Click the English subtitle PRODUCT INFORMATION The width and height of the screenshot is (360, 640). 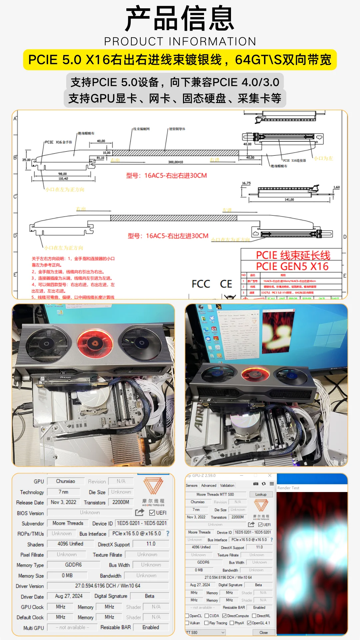click(x=180, y=41)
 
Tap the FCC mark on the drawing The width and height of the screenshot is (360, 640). click(x=201, y=284)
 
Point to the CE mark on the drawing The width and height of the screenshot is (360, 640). click(x=226, y=284)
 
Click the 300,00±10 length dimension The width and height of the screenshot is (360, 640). click(x=175, y=162)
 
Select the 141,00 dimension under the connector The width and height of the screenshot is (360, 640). click(x=289, y=200)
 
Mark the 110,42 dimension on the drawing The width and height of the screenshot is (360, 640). click(x=63, y=179)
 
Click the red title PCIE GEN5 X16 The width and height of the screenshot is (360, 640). click(x=292, y=266)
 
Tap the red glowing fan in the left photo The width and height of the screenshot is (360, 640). click(x=95, y=344)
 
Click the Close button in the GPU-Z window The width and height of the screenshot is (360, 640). click(x=263, y=632)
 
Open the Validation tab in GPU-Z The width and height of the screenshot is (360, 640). click(x=227, y=485)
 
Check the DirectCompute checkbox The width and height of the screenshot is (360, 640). click(x=225, y=616)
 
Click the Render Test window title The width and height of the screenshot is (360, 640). click(x=288, y=488)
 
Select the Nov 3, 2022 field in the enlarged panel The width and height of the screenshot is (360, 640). click(x=63, y=502)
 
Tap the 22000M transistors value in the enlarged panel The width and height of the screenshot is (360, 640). click(x=121, y=502)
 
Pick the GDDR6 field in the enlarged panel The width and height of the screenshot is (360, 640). click(x=73, y=565)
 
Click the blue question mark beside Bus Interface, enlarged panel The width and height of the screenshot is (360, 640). click(x=168, y=533)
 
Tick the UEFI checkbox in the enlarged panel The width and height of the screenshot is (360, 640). click(x=152, y=513)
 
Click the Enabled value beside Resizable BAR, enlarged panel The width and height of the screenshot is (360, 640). click(x=151, y=627)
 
